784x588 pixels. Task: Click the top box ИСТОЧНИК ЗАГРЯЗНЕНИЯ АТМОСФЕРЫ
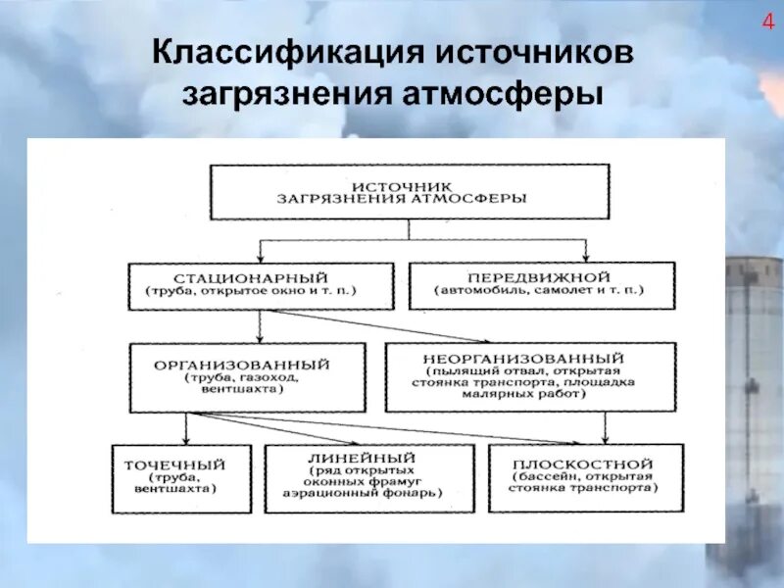pyautogui.click(x=410, y=192)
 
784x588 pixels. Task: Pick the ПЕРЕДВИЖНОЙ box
pyautogui.click(x=541, y=285)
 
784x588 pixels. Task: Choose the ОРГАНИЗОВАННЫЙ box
pyautogui.click(x=247, y=376)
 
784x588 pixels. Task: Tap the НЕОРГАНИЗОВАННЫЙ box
pyautogui.click(x=530, y=376)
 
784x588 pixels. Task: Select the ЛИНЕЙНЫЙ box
pyautogui.click(x=368, y=477)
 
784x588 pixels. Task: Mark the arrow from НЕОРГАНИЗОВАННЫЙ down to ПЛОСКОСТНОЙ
pyautogui.click(x=606, y=426)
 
